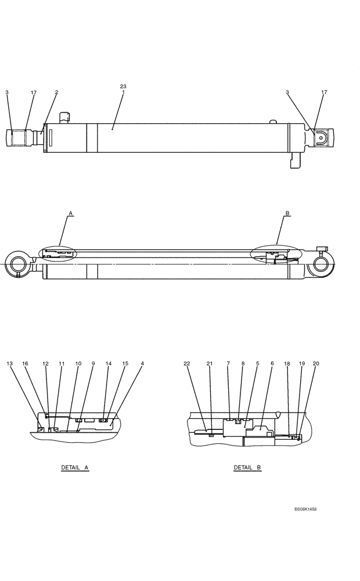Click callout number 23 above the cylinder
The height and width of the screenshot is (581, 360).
coord(123,87)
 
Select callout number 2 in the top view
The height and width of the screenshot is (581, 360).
coord(56,92)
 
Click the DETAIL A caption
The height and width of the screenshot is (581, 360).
coord(75,467)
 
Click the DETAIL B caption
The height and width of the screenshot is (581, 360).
coord(247,467)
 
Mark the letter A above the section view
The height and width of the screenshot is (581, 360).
coord(70,214)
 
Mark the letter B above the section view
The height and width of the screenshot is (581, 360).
coord(287,214)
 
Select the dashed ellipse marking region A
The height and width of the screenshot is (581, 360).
coord(57,255)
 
